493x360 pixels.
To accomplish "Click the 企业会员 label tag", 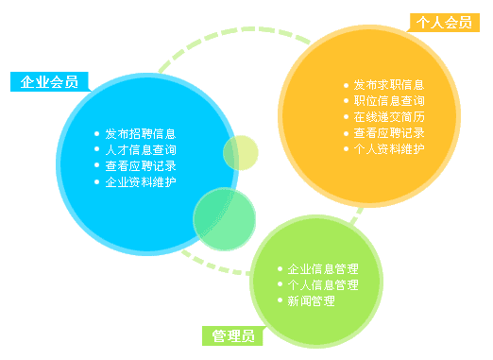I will (49, 81).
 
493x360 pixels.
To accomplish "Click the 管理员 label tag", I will (233, 335).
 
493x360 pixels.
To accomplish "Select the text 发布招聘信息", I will (141, 134).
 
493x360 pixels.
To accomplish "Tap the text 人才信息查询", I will (141, 150).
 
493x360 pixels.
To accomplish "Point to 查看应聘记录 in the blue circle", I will (141, 166).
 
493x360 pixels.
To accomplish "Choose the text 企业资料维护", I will (141, 181).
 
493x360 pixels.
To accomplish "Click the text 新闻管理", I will (311, 300).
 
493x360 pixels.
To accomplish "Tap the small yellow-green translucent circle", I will (240, 153).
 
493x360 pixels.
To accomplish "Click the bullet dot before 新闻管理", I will (280, 300).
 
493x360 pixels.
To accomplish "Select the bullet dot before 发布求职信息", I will (346, 85).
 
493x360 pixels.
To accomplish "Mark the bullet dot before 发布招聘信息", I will (98, 134).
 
